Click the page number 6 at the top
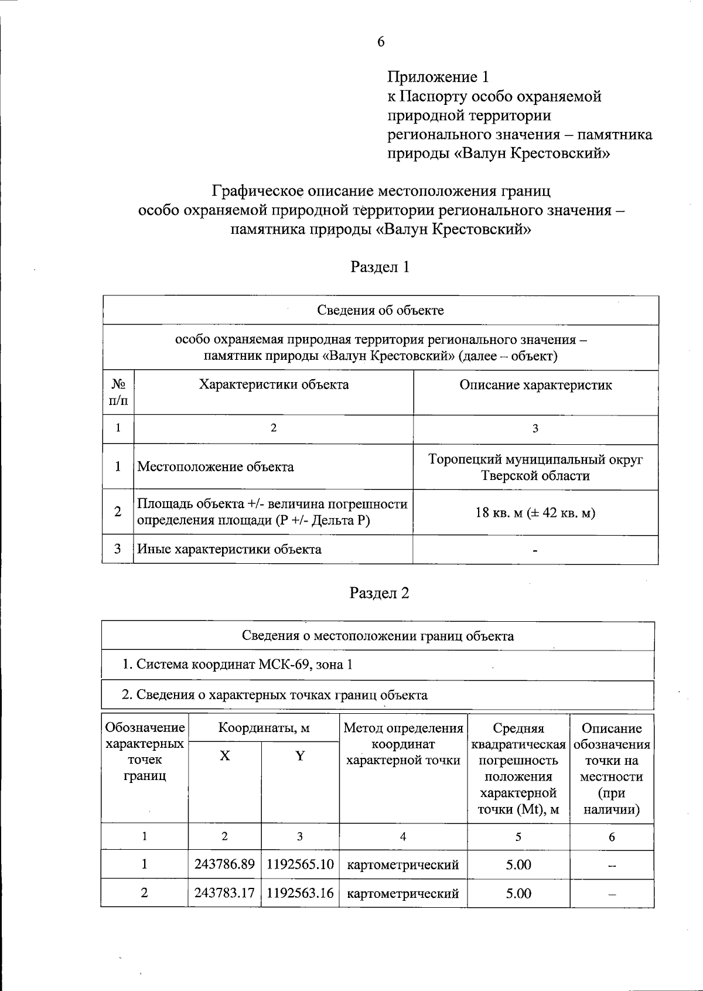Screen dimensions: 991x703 pyautogui.click(x=381, y=41)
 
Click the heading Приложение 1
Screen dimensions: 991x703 pyautogui.click(x=438, y=77)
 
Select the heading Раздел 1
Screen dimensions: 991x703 pyautogui.click(x=380, y=267)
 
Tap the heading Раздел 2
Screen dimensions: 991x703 pyautogui.click(x=380, y=593)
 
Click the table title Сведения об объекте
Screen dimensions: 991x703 pyautogui.click(x=380, y=310)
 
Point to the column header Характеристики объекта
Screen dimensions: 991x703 pyautogui.click(x=274, y=384)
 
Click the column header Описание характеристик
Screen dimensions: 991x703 pyautogui.click(x=535, y=385)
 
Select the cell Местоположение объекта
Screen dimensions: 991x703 pyautogui.click(x=216, y=467)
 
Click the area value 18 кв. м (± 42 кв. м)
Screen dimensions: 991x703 pyautogui.click(x=535, y=513)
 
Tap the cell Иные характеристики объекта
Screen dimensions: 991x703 pyautogui.click(x=229, y=549)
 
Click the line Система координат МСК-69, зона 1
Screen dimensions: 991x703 pyautogui.click(x=237, y=665)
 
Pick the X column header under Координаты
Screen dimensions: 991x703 pyautogui.click(x=225, y=756)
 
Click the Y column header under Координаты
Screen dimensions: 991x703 pyautogui.click(x=300, y=756)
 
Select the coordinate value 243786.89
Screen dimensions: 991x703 pyautogui.click(x=224, y=864)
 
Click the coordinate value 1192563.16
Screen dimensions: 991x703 pyautogui.click(x=300, y=893)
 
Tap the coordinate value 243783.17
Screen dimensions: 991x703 pyautogui.click(x=224, y=893)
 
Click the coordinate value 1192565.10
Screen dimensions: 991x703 pyautogui.click(x=300, y=864)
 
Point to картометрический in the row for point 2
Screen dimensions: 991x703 pyautogui.click(x=403, y=894)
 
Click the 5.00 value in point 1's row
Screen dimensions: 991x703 pyautogui.click(x=518, y=864)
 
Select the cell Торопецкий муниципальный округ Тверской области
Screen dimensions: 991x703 pyautogui.click(x=535, y=467)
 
